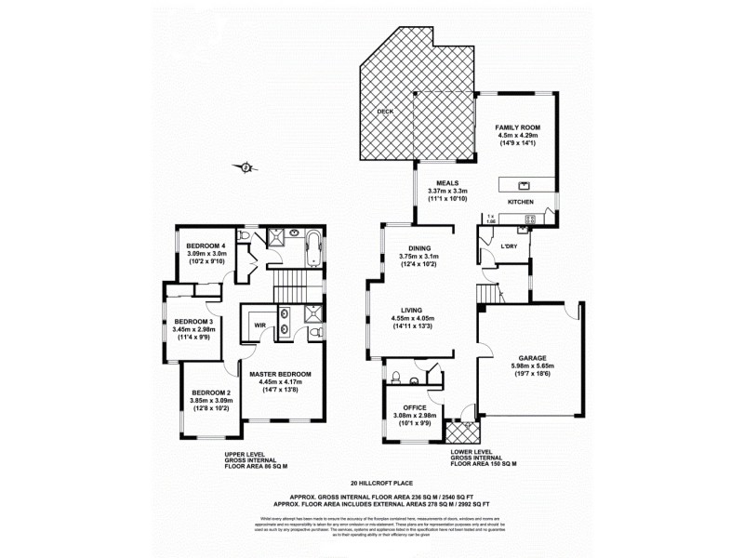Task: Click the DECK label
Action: (384, 112)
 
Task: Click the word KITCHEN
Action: (520, 202)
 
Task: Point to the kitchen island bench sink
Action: (523, 184)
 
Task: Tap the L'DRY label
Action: (509, 247)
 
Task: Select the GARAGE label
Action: (526, 358)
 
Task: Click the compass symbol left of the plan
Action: (246, 167)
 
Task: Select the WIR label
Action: (259, 325)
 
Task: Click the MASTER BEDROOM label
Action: (279, 373)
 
